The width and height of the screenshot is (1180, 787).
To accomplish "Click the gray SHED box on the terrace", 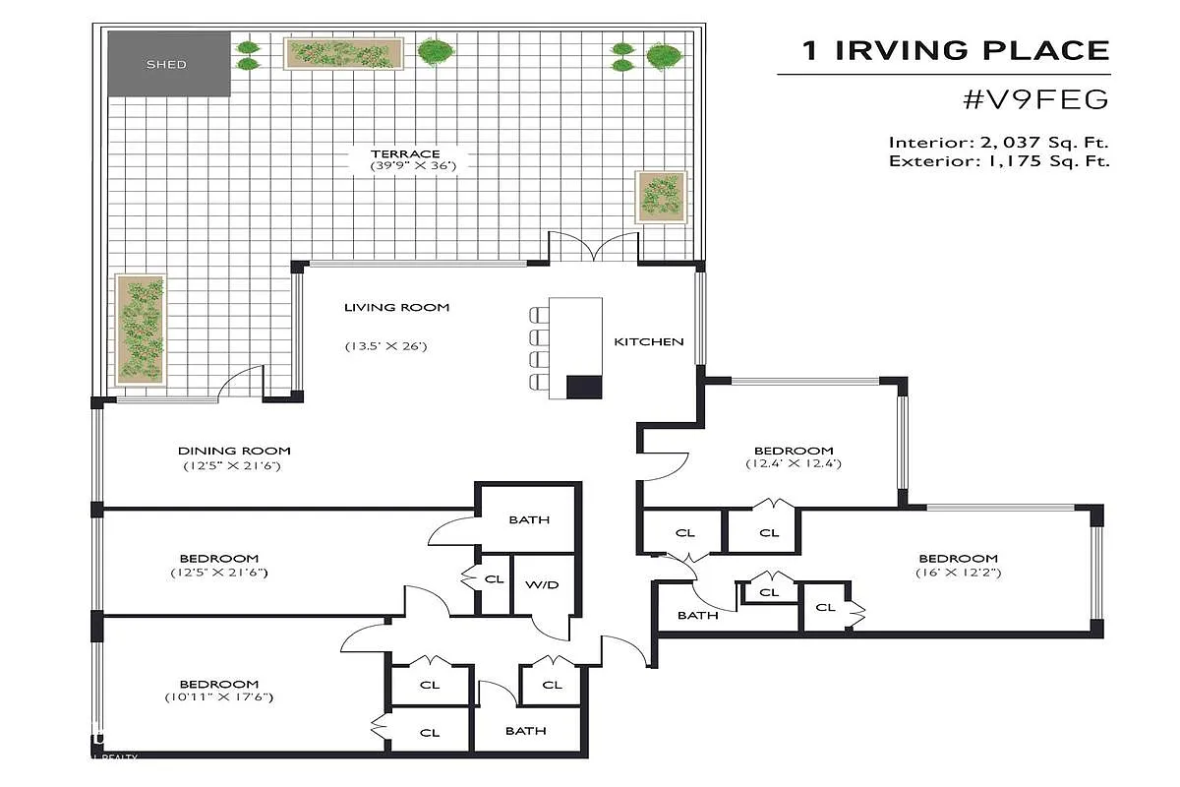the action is pos(169,64).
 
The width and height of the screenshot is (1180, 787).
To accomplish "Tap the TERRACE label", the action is pos(405,153).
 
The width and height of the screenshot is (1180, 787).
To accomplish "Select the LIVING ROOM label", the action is pos(396,307).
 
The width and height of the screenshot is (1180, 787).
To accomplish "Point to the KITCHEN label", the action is pos(649,341).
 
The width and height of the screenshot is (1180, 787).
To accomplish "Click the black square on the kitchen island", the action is pos(584,387).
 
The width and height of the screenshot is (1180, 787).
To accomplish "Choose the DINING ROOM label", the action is pos(234,451).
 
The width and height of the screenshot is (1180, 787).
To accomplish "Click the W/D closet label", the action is pos(542,584).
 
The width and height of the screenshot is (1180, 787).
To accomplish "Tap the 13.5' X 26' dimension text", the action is pos(386,346).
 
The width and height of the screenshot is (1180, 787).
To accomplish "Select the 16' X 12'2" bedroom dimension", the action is pos(958,573).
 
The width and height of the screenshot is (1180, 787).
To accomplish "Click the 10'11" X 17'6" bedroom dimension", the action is pos(219,696).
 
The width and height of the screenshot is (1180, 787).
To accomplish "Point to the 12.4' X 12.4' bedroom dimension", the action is pos(794,463).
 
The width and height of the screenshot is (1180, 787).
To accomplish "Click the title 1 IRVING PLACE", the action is pos(956,50).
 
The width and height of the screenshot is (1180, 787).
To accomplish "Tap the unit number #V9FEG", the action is pos(1035,99).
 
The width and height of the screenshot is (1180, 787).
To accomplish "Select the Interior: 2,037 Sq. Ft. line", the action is pos(999,143).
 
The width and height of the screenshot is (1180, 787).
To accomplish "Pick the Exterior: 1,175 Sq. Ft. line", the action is pos(999,160).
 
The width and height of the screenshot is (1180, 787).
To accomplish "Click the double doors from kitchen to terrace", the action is pos(594,247).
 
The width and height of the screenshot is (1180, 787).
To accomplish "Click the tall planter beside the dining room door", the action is pos(140,330).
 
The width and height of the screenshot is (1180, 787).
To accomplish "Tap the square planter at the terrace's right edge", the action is pos(661,197).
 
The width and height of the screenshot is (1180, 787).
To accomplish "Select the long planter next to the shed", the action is pos(343,53).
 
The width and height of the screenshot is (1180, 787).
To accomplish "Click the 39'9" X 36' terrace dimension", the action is pos(413,166).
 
